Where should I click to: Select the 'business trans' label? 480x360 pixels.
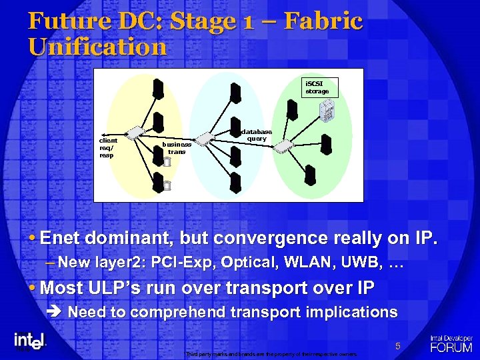click(177, 147)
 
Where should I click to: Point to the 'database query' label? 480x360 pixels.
click(256, 135)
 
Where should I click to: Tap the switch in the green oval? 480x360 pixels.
click(284, 146)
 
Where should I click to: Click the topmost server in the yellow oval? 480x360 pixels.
click(159, 89)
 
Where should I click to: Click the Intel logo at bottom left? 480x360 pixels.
click(29, 341)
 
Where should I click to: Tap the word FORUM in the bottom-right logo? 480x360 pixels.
click(451, 347)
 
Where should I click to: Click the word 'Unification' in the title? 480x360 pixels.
click(97, 47)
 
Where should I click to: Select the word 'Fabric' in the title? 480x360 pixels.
click(323, 21)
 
